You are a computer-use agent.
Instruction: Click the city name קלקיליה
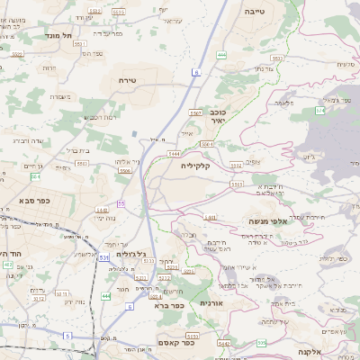[x=195, y=166]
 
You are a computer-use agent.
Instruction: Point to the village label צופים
[x=254, y=163]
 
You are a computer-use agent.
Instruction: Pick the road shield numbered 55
[x=121, y=204]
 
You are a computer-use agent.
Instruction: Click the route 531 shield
[x=105, y=257]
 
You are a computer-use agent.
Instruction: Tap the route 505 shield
[x=262, y=342]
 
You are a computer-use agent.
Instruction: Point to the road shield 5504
[x=206, y=143]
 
